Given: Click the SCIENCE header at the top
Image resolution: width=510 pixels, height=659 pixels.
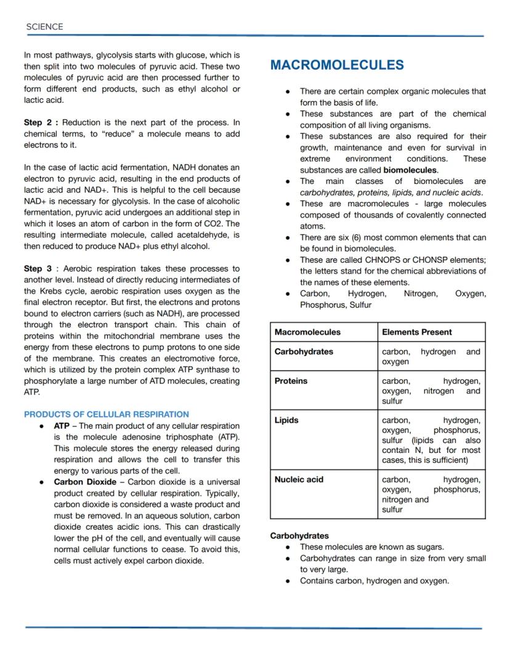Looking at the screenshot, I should click(x=44, y=27).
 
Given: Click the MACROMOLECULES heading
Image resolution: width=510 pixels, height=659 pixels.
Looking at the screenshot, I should click(x=337, y=65).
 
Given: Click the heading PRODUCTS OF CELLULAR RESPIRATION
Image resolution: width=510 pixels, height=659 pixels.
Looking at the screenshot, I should click(x=106, y=414).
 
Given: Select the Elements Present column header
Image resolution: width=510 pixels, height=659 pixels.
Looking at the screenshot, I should click(x=416, y=332).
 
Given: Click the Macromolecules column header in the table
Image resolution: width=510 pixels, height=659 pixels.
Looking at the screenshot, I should click(x=307, y=332).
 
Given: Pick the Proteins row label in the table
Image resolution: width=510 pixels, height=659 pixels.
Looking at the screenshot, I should click(x=291, y=381).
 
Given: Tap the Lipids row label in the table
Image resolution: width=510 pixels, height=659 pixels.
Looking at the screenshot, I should click(x=286, y=420).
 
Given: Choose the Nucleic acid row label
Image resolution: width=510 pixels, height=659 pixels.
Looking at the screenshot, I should click(x=299, y=479).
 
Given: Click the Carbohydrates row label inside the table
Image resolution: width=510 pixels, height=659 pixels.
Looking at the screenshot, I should click(x=304, y=351).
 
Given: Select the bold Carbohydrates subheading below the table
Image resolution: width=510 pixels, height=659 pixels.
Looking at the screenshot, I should click(x=299, y=535).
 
